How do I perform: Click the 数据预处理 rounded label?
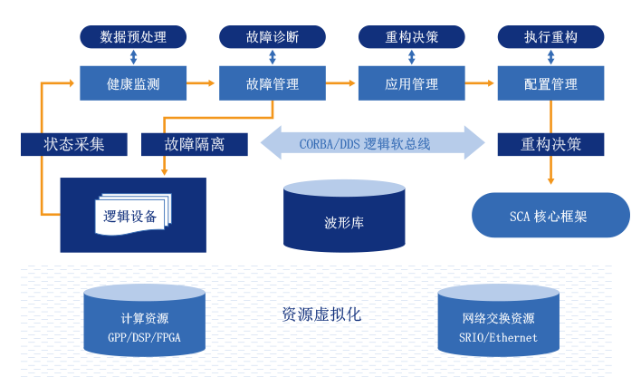pyautogui.click(x=133, y=37)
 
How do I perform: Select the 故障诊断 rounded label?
pyautogui.click(x=273, y=37)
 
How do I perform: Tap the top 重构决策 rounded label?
pyautogui.click(x=412, y=37)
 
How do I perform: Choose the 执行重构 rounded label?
pyautogui.click(x=550, y=37)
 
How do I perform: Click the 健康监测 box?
pyautogui.click(x=133, y=83)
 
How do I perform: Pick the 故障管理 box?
pyautogui.click(x=273, y=83)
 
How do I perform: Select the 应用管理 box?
pyautogui.click(x=412, y=83)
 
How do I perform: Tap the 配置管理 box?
pyautogui.click(x=550, y=83)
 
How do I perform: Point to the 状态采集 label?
pyautogui.click(x=74, y=144)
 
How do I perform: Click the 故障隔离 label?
pyautogui.click(x=195, y=144)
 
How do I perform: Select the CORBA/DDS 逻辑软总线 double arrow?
pyautogui.click(x=373, y=143)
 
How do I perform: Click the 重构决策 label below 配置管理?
pyautogui.click(x=550, y=144)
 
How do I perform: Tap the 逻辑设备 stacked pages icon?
pyautogui.click(x=131, y=216)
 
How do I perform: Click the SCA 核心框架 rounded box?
pyautogui.click(x=550, y=216)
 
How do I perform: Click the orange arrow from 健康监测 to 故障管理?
pyautogui.click(x=203, y=83)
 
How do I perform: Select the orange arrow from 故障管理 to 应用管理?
pyautogui.click(x=341, y=83)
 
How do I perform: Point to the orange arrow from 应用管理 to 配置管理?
pyautogui.click(x=481, y=83)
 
